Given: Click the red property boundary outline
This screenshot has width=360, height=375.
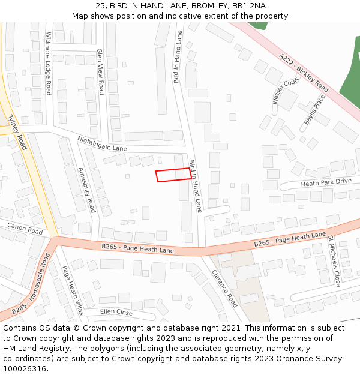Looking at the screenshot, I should click(x=174, y=175).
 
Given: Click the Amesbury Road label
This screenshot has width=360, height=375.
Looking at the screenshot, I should click(x=86, y=190).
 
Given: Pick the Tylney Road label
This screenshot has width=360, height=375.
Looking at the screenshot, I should click(x=17, y=132).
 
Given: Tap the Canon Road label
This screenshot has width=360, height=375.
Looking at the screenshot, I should click(x=25, y=228).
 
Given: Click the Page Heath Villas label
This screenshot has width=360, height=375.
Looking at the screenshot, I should click(x=73, y=290).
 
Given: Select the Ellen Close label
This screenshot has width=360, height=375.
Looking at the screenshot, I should click(x=116, y=312).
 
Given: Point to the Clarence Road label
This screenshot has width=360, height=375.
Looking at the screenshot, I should click(x=224, y=288).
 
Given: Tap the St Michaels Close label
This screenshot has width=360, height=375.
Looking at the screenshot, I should click(x=334, y=260).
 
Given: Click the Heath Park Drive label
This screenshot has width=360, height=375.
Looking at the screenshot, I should click(x=326, y=182).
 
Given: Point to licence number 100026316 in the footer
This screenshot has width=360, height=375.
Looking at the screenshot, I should click(x=25, y=368).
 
